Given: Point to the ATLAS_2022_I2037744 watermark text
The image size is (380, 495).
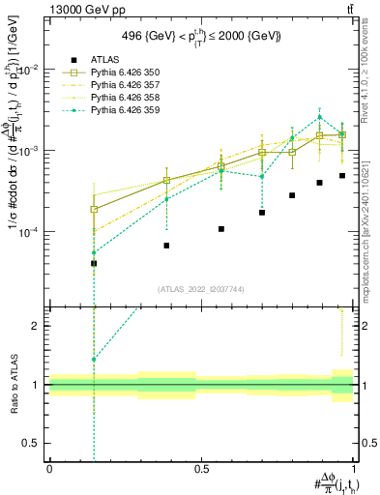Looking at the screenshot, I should pos(201,289).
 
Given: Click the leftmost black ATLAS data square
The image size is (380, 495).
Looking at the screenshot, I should pos(94,263).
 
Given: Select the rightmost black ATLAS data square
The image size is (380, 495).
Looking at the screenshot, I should pos(342,176).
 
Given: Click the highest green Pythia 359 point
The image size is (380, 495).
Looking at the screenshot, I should pos(320,117).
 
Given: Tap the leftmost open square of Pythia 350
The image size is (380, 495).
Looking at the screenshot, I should pos(94,209).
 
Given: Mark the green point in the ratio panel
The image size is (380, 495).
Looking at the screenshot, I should pos(94,360).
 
